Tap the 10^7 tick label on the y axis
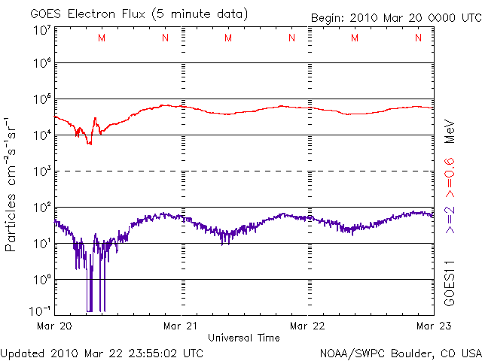[x=41, y=30]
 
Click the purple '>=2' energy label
[x=450, y=218]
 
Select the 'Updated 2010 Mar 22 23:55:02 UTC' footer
[x=102, y=353]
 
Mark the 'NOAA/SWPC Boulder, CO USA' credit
[x=400, y=353]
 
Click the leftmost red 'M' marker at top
[x=102, y=38]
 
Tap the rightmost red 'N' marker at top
[x=418, y=38]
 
